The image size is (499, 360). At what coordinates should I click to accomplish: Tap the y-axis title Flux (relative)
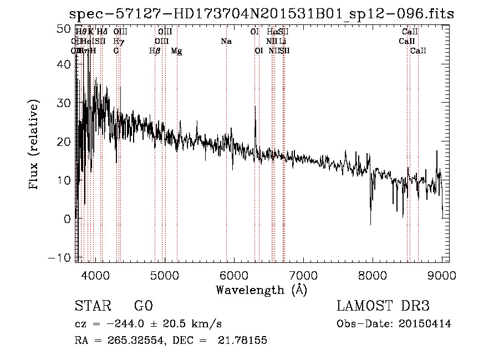(34, 145)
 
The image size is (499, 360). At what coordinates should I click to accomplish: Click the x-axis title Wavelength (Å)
(261, 290)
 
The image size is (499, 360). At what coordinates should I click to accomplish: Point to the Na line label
(226, 42)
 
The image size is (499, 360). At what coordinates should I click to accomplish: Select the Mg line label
(176, 51)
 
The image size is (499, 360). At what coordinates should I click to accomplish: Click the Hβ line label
(155, 51)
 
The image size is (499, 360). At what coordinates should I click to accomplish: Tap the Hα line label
(272, 32)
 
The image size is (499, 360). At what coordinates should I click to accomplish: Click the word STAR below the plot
(93, 306)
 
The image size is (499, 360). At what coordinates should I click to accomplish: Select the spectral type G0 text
(143, 306)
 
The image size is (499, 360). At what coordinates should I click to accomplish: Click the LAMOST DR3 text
(383, 306)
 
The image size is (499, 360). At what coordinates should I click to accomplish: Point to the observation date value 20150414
(426, 324)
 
